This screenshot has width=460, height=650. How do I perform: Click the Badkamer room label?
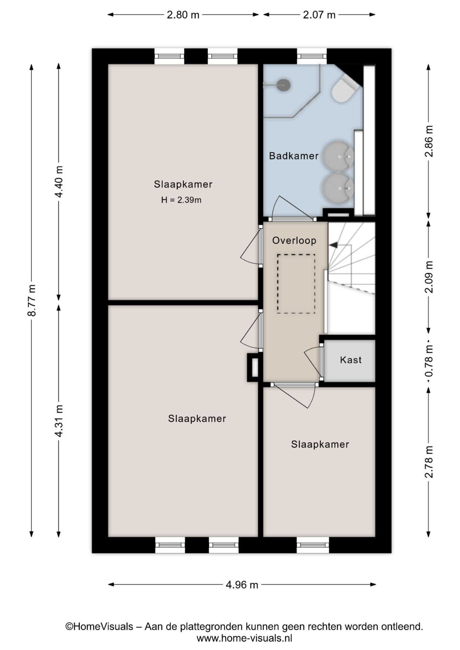pyautogui.click(x=294, y=156)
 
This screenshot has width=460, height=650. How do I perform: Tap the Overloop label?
pyautogui.click(x=294, y=240)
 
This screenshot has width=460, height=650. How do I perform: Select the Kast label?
pyautogui.click(x=351, y=360)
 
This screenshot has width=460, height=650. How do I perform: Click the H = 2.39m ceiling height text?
pyautogui.click(x=181, y=200)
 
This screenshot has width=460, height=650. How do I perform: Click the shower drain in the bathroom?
pyautogui.click(x=284, y=85)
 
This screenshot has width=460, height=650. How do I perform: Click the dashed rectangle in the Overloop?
pyautogui.click(x=296, y=284)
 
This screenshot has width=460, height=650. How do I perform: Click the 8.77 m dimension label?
pyautogui.click(x=32, y=300)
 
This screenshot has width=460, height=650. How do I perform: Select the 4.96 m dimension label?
pyautogui.click(x=242, y=585)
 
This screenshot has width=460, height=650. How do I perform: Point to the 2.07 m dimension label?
pyautogui.click(x=319, y=15)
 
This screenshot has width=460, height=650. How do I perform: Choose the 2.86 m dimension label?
pyautogui.click(x=429, y=141)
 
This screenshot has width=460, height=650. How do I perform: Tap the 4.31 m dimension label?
pyautogui.click(x=59, y=421)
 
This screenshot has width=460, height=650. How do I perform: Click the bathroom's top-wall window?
pyautogui.click(x=312, y=57)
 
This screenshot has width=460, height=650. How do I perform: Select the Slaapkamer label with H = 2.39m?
pyautogui.click(x=183, y=184)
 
